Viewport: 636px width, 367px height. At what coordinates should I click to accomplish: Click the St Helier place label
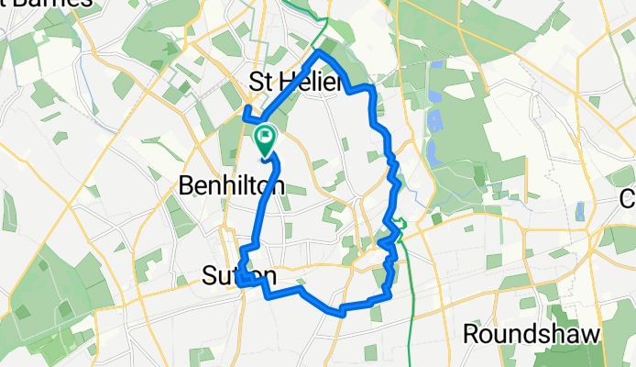295,83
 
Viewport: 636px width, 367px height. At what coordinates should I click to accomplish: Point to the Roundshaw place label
532,334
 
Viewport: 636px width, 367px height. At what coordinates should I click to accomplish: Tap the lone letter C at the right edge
629,198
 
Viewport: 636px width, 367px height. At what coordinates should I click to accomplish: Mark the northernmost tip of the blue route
320,52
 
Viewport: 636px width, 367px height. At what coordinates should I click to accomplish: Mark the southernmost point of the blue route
342,312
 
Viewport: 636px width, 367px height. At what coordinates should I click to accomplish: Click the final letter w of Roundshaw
590,334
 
